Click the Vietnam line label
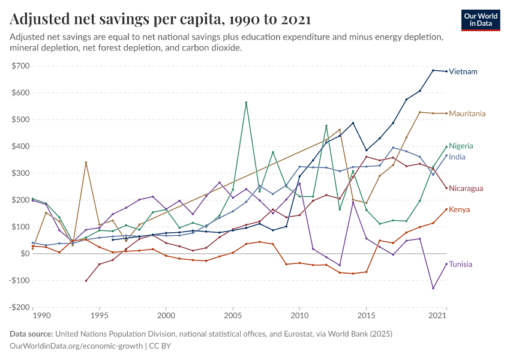click(x=463, y=72)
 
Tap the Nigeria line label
click(x=461, y=146)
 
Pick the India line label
click(x=457, y=157)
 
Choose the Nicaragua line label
click(x=466, y=188)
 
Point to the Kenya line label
click(x=459, y=209)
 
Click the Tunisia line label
click(x=460, y=265)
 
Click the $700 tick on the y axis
click(x=20, y=66)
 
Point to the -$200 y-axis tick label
click(x=19, y=307)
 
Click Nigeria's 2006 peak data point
click(x=246, y=103)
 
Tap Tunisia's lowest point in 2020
click(x=433, y=288)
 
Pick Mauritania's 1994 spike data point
click(x=86, y=163)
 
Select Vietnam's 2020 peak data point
click(x=433, y=70)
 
